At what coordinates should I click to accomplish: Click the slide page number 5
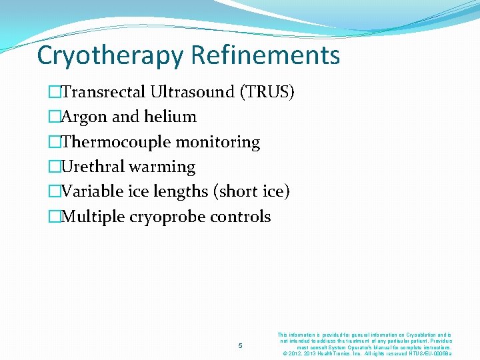click(x=240, y=345)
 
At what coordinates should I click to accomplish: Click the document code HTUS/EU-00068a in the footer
click(x=430, y=353)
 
